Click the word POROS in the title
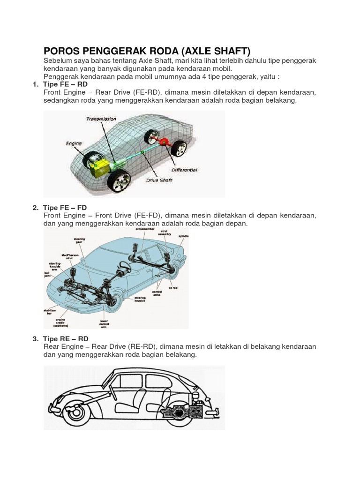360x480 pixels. [x=60, y=51]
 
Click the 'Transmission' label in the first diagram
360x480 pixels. [x=101, y=119]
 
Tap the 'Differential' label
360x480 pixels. [x=184, y=170]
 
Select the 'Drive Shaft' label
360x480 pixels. [x=159, y=180]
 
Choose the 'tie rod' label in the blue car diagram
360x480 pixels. [x=172, y=288]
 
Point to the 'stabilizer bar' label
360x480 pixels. [x=52, y=311]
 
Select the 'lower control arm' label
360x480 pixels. [x=104, y=323]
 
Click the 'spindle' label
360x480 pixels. [x=183, y=236]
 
